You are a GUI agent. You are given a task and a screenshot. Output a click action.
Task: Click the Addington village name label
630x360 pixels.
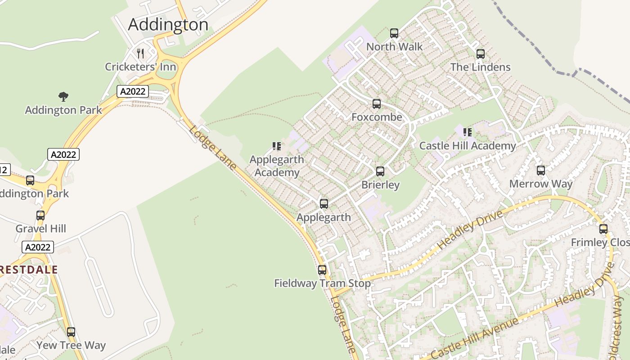coord(168,24)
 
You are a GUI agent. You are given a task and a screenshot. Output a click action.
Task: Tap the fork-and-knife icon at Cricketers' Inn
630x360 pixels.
coord(140,54)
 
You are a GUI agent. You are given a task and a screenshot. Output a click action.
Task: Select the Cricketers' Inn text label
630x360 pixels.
coord(140,67)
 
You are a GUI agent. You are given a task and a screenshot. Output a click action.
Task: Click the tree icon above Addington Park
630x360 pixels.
coord(63,96)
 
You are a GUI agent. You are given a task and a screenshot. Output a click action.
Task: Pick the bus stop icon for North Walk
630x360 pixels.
coord(394,33)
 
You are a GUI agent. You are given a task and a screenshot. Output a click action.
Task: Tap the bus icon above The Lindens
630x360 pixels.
coord(481,54)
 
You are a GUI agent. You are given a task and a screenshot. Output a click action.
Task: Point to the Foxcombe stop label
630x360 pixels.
coord(377,117)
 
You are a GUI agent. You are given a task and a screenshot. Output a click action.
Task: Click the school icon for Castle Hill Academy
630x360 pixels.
coord(468,132)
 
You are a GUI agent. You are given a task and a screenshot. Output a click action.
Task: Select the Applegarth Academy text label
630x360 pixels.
coord(277,166)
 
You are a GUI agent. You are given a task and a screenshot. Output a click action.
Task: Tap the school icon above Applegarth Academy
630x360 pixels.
coord(277,146)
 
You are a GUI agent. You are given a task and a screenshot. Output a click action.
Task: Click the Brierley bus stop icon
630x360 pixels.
coord(380,171)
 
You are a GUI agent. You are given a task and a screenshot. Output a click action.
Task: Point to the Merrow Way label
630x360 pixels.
coord(540,184)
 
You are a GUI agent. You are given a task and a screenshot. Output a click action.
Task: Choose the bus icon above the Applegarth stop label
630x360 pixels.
coord(324,204)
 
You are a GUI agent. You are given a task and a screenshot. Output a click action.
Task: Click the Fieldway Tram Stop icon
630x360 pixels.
coord(322,270)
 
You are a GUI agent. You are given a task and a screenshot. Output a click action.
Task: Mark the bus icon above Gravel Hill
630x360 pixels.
coord(40,216)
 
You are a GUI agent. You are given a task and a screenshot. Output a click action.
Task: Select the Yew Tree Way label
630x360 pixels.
coord(71,346)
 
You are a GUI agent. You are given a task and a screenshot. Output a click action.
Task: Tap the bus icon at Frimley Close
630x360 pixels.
coord(603,229)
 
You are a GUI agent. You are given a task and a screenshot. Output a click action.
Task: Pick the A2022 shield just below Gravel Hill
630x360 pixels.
coord(38,247)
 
